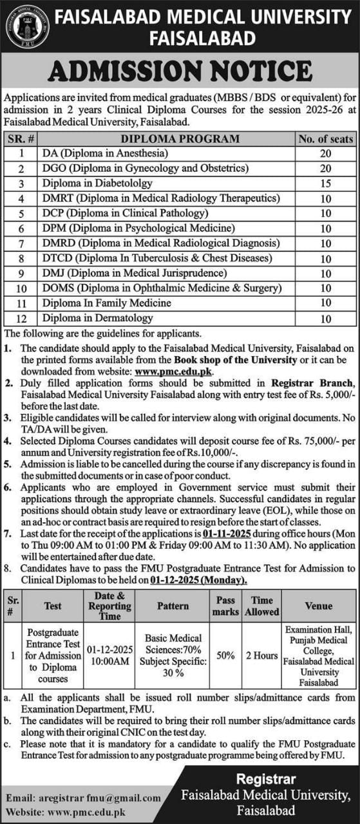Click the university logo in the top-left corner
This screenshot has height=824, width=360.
click(x=27, y=26)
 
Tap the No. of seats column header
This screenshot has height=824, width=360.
click(x=325, y=138)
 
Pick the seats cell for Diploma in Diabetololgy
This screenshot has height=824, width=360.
click(x=325, y=183)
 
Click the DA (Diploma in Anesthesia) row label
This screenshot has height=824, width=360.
click(x=105, y=153)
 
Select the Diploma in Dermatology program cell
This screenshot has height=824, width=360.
click(x=98, y=318)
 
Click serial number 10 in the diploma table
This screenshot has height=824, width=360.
click(x=21, y=288)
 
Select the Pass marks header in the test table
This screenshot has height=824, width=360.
click(x=225, y=606)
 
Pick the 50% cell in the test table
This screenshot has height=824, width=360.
click(x=225, y=655)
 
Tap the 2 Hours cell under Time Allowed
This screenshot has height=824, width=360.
click(x=261, y=655)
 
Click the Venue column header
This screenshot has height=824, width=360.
click(x=319, y=606)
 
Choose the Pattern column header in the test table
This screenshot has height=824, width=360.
click(x=173, y=606)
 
